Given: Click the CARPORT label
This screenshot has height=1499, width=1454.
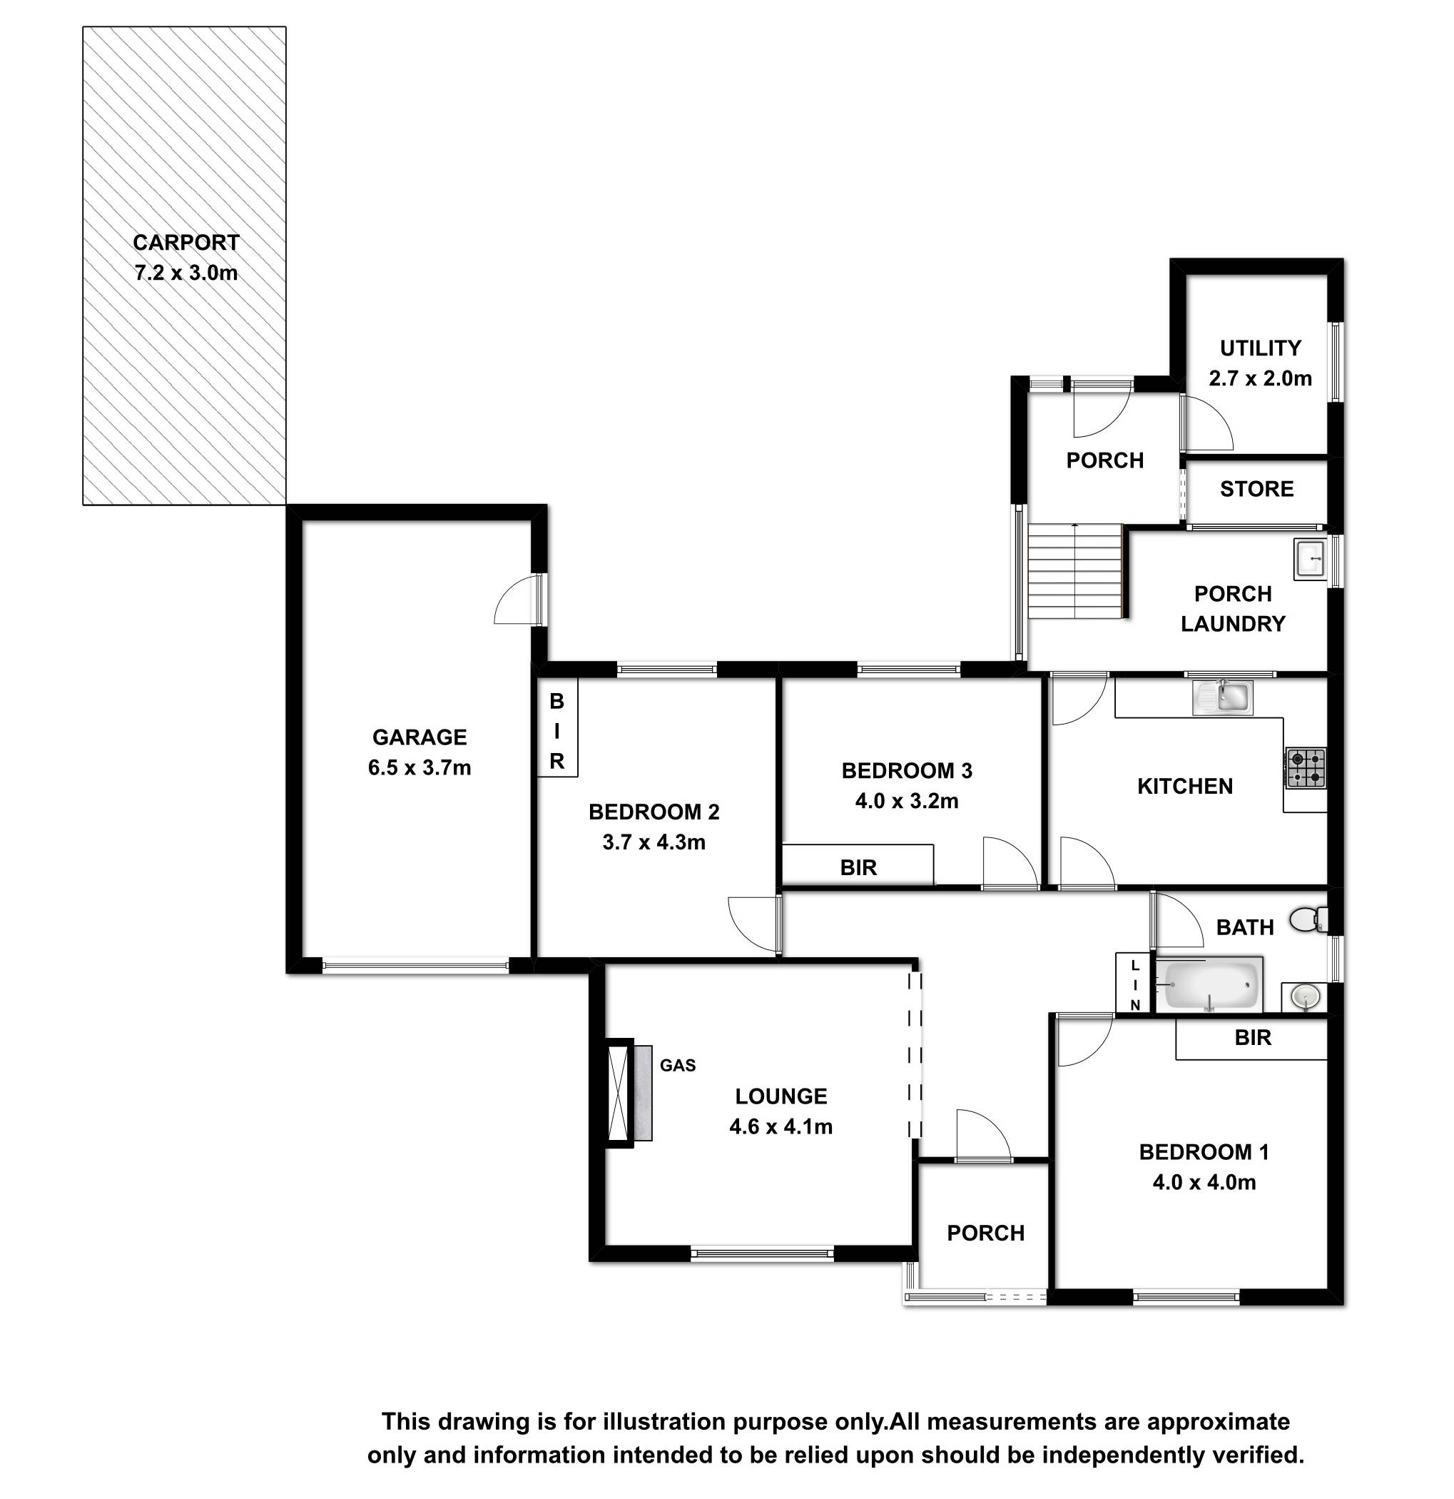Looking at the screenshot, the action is (185, 243).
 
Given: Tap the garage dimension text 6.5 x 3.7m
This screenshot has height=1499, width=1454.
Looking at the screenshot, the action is (419, 767).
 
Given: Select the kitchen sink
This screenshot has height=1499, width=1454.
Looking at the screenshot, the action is (1222, 697).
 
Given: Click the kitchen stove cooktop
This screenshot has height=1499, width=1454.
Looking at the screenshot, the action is (1306, 768).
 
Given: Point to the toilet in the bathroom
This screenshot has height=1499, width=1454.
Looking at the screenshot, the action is (1308, 919).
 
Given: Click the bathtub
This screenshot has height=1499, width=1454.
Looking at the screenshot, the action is (1208, 985).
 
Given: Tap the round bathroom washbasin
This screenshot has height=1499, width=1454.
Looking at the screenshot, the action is (1305, 996).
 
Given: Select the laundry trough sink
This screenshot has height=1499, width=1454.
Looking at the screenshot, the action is (1311, 559).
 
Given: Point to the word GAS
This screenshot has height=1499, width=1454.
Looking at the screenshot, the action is (677, 1065).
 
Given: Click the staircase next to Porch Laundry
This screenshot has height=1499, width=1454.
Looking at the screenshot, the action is (1075, 571).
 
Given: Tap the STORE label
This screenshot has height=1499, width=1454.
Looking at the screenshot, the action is (1257, 489).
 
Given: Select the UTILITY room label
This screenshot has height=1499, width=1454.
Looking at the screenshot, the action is (1260, 348).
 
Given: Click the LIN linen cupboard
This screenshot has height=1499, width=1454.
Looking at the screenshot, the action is (1134, 984).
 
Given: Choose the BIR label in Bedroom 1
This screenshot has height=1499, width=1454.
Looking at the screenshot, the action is (1253, 1037).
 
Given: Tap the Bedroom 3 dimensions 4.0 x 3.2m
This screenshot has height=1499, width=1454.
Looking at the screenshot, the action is (907, 801).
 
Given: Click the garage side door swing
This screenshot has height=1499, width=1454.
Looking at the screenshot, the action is (517, 599).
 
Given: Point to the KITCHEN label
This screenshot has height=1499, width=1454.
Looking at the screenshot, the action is (1185, 786).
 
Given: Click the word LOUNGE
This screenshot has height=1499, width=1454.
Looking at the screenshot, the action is (781, 1096).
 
